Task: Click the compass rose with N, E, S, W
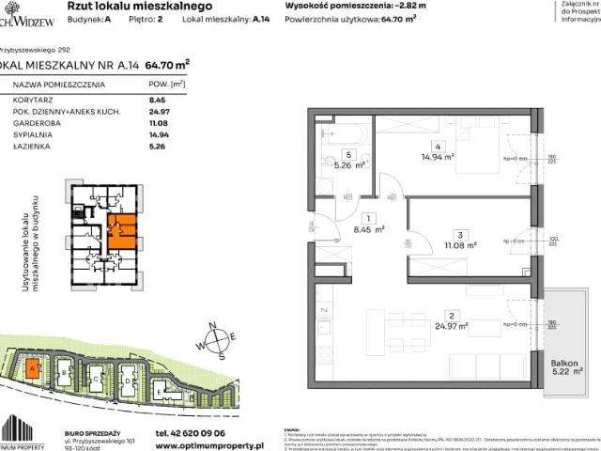tap(221, 341)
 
